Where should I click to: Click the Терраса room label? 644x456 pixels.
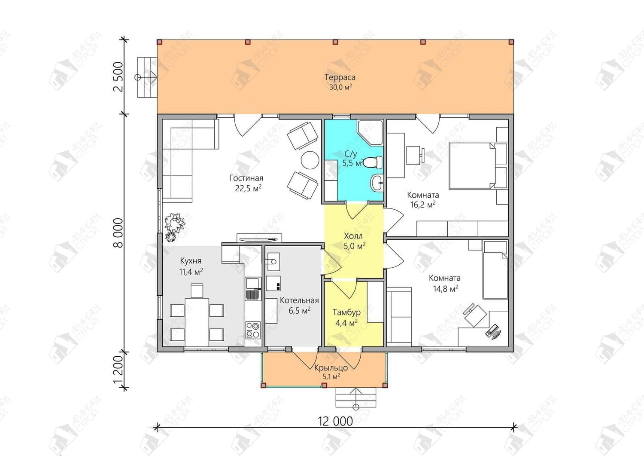click(x=340, y=77)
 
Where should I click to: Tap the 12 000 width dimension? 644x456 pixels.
click(x=335, y=422)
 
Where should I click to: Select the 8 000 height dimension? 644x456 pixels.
click(x=118, y=233)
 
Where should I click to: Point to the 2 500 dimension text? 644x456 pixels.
click(x=118, y=77)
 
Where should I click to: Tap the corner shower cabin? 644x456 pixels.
click(x=370, y=132)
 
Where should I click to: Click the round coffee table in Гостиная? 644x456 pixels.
click(x=310, y=160)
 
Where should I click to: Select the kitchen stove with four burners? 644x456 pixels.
click(x=253, y=330)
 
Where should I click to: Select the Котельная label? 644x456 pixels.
click(x=299, y=300)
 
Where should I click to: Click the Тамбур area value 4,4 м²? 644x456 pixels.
click(x=346, y=322)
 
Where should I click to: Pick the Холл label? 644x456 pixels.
click(x=353, y=236)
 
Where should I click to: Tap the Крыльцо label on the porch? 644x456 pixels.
click(x=331, y=368)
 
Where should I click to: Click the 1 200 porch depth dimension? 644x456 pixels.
click(x=118, y=370)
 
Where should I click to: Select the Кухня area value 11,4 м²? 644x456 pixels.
click(x=191, y=272)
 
